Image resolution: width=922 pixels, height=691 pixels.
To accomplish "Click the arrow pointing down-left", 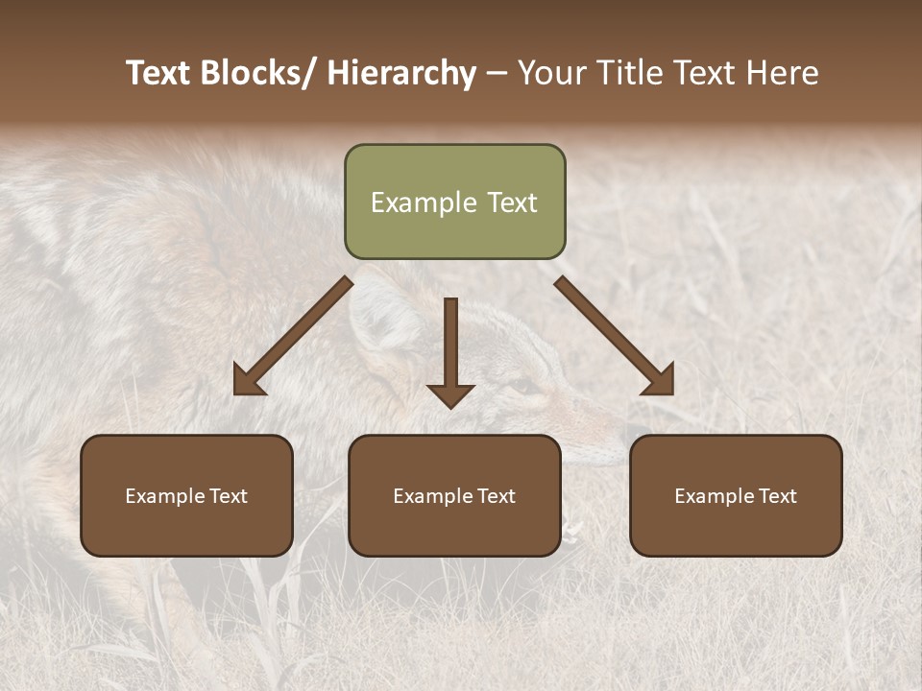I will (294, 335).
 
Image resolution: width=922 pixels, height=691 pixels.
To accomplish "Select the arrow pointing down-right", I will (615, 335).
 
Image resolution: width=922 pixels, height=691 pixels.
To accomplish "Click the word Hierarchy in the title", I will (402, 73).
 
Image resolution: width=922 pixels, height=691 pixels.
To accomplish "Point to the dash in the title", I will (497, 73).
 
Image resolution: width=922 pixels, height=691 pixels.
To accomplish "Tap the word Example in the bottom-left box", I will (166, 496).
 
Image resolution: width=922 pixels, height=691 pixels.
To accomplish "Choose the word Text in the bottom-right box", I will (776, 496).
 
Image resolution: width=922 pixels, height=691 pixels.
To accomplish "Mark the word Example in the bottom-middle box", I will (434, 496).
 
